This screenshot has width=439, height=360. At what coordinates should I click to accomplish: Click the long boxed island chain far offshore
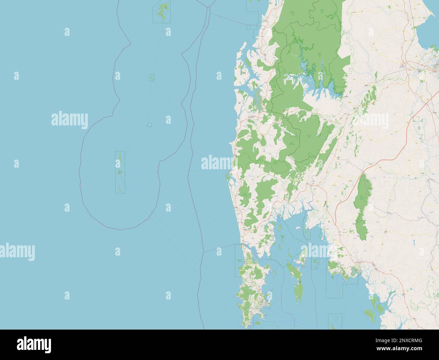(x=120, y=172)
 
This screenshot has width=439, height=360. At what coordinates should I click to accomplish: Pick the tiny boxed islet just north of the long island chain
(x=149, y=125)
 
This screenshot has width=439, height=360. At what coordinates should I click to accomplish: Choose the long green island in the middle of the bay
(x=299, y=287)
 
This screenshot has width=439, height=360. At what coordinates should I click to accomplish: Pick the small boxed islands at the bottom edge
(x=335, y=321)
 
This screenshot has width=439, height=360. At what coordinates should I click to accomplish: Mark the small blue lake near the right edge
(x=413, y=242)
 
